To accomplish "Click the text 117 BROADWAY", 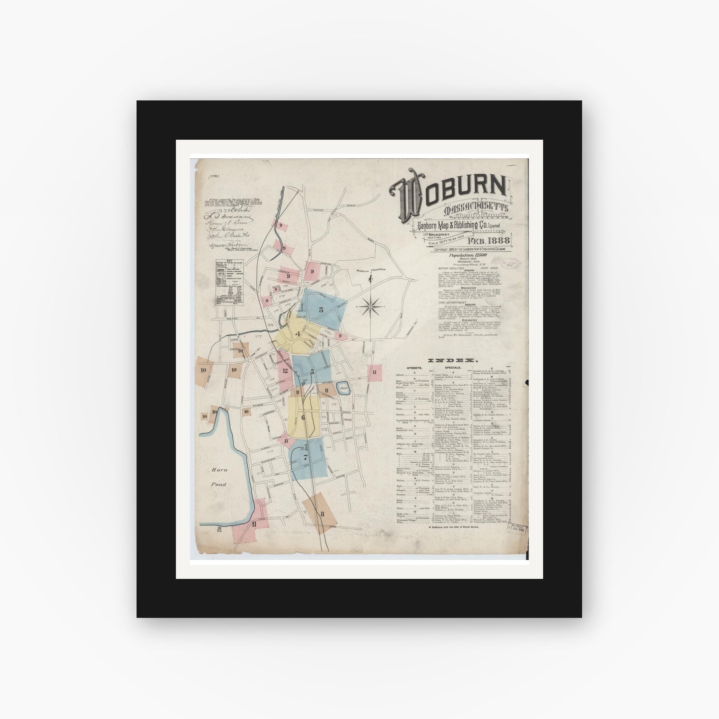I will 436,234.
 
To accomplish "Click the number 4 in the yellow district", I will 298,334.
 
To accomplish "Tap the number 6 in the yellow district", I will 303,417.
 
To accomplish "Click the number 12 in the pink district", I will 286,370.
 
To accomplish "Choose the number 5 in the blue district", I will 312,371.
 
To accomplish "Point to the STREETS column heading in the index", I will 414,368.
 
